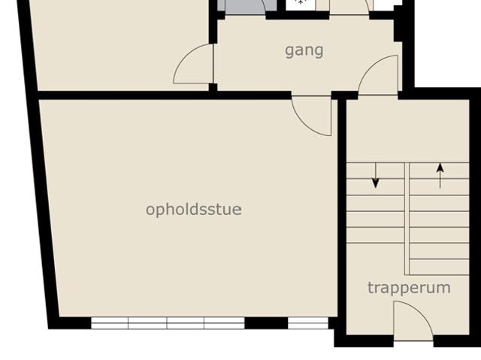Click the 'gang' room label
coord(304,51)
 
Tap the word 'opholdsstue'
coord(194,210)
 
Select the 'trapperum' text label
coord(409,288)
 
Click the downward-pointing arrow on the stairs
coord(376,176)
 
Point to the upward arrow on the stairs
coord(440,176)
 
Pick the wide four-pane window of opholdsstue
coord(168,323)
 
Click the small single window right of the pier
coord(308,323)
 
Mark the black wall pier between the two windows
coord(266,323)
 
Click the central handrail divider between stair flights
coord(407,219)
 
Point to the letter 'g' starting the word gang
coord(289,52)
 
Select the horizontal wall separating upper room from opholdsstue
coord(164,95)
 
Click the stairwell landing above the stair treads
coord(407,131)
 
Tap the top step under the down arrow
coord(376,171)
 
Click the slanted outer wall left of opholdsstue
coord(38,165)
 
